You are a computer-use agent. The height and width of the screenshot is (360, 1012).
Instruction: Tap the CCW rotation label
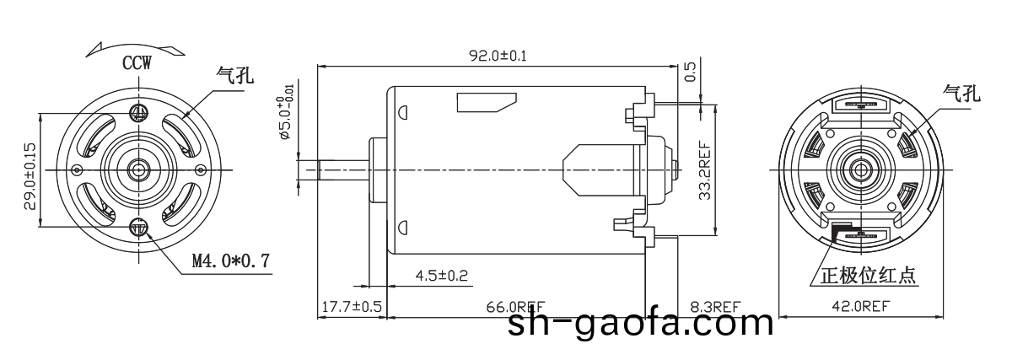[137, 63]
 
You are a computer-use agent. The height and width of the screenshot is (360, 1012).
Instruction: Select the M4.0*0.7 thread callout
[230, 261]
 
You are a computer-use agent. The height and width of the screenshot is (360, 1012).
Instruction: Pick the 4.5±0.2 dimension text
[442, 276]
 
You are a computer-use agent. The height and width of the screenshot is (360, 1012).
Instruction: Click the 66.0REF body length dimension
[514, 306]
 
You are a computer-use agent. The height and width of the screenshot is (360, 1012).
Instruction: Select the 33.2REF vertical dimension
[704, 171]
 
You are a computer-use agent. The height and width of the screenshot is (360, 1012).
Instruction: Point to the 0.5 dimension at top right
[691, 73]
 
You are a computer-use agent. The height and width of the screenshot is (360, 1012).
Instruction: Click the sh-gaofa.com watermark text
[640, 322]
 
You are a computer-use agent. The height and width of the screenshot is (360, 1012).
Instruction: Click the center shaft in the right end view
[862, 169]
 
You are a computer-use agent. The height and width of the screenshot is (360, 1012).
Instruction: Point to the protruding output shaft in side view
[333, 169]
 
